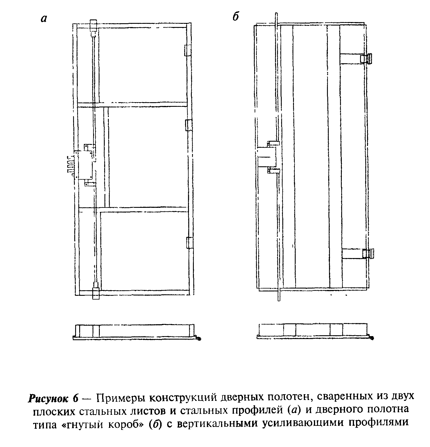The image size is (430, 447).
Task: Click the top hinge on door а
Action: point(188,50)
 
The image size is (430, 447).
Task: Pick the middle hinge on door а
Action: point(189,125)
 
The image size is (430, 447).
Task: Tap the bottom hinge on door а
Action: point(189,243)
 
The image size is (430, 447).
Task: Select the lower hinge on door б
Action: point(368,253)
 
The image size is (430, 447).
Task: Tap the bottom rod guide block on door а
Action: point(96,291)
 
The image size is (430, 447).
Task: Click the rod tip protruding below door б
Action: point(279,296)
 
